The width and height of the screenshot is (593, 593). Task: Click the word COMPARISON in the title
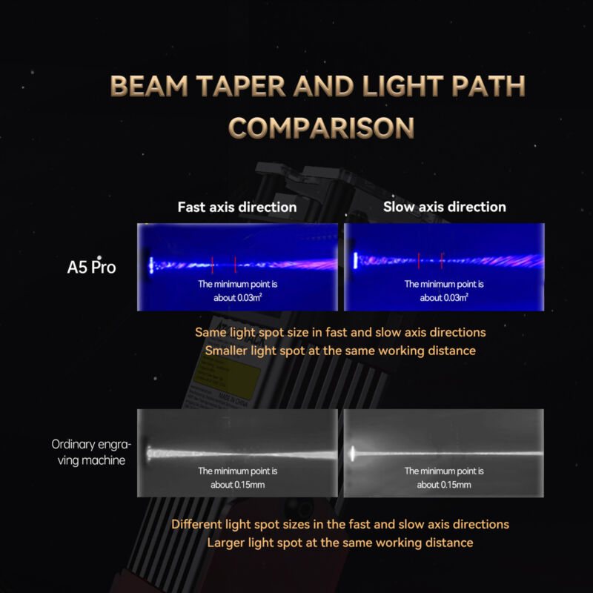pyautogui.click(x=321, y=127)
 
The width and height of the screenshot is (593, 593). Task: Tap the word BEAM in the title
pyautogui.click(x=149, y=86)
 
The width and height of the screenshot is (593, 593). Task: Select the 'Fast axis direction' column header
pyautogui.click(x=237, y=208)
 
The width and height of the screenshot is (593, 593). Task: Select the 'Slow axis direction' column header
pyautogui.click(x=444, y=207)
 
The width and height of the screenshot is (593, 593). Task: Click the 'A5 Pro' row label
pyautogui.click(x=91, y=267)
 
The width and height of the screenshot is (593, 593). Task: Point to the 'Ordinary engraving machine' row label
pyautogui.click(x=91, y=452)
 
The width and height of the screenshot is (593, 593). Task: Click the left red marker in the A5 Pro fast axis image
pyautogui.click(x=212, y=265)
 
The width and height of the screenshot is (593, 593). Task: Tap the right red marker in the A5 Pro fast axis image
pyautogui.click(x=235, y=265)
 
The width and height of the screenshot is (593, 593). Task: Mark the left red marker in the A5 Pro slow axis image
pyautogui.click(x=419, y=261)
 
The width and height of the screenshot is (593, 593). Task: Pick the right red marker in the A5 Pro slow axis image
pyautogui.click(x=441, y=261)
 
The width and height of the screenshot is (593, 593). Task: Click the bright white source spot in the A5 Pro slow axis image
pyautogui.click(x=355, y=261)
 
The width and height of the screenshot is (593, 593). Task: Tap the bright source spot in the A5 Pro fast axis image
pyautogui.click(x=151, y=265)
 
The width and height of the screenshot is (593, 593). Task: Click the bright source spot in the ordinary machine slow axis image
pyautogui.click(x=353, y=453)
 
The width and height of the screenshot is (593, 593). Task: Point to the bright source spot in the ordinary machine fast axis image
pyautogui.click(x=149, y=453)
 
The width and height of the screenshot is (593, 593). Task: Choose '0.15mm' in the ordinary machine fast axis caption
pyautogui.click(x=245, y=485)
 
